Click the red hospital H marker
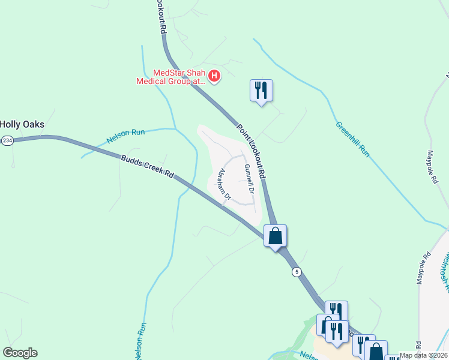pos(215,76)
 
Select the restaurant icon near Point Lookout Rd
pos(261,91)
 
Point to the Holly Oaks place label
pos(22,124)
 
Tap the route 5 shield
pos(297,272)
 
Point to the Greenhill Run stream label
pos(352,139)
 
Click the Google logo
pos(20,353)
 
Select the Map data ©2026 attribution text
pos(423,355)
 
